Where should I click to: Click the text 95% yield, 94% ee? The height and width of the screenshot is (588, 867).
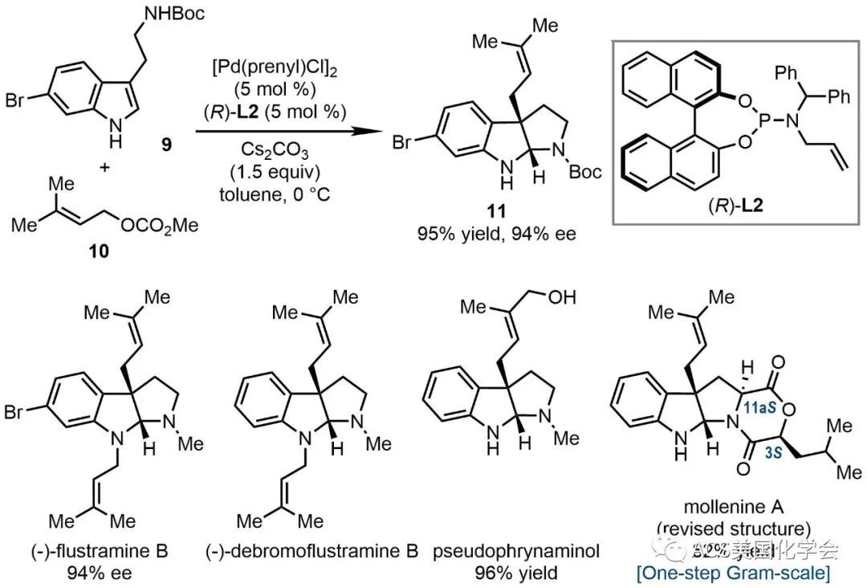pyautogui.click(x=495, y=236)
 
